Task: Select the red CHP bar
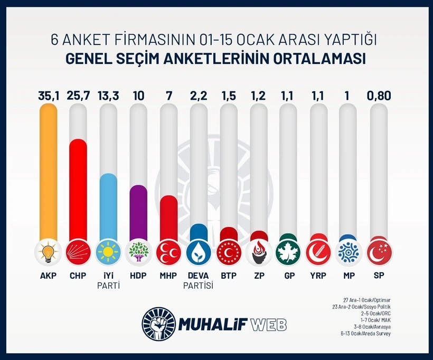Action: (78, 190)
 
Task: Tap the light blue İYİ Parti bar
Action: (108, 206)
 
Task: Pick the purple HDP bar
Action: (138, 211)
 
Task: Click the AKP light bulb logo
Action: (48, 252)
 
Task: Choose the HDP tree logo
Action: (138, 252)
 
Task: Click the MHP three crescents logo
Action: (168, 252)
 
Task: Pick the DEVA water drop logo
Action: (199, 252)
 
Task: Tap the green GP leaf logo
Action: (289, 252)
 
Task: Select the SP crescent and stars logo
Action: (380, 252)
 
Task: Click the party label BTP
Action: (229, 276)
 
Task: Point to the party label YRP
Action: (319, 276)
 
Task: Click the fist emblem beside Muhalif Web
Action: (157, 324)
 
